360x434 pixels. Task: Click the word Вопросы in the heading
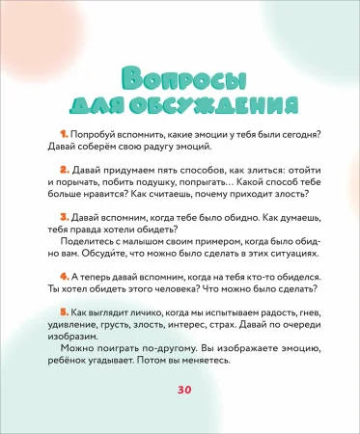180,78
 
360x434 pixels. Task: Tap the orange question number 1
62,133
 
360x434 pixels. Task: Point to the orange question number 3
62,217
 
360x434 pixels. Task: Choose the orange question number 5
62,313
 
